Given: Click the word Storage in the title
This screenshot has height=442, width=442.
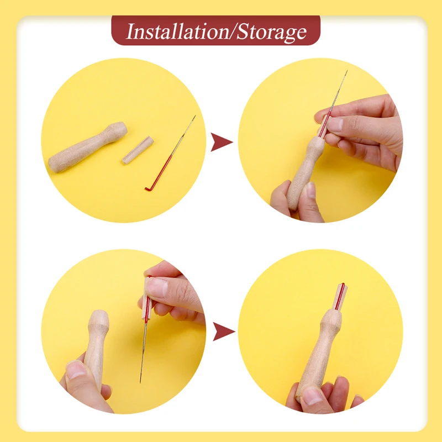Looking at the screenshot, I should point(271,31).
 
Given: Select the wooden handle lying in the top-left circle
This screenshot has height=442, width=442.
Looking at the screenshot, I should point(87,147).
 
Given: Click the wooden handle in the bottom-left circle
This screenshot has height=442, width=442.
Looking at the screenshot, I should point(97,343).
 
